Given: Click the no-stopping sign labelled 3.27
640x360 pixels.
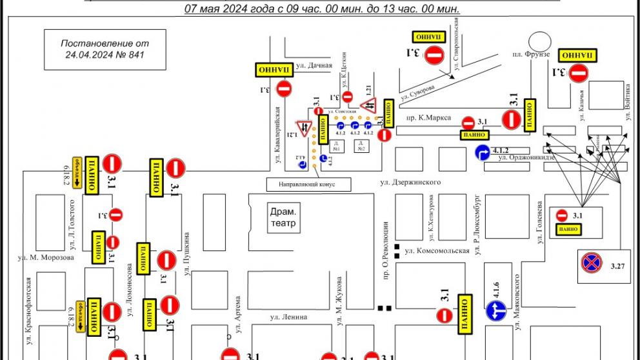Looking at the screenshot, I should click(590, 263).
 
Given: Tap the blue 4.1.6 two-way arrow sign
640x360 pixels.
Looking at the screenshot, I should click(494, 310).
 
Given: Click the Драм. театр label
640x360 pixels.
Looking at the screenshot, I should click(283, 218).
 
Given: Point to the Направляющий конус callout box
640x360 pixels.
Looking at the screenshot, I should click(309, 184).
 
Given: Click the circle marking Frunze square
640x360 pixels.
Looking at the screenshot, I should click(537, 41).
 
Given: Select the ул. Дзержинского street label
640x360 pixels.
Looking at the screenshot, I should click(410, 183).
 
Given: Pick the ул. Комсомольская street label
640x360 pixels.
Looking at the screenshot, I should click(436, 251).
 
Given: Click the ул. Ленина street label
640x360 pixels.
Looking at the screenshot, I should click(288, 317).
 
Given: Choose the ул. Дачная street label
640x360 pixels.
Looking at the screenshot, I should click(314, 65).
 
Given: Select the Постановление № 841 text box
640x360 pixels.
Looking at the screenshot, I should click(105, 49).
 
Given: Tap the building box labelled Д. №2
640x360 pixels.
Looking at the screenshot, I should click(362, 146).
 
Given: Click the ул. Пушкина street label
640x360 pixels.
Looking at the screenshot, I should click(186, 254).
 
